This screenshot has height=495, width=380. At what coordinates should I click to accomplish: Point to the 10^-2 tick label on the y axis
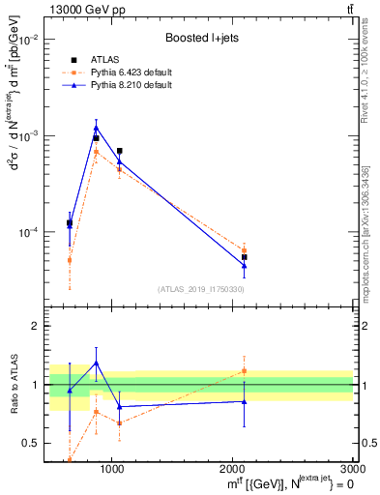click(33, 40)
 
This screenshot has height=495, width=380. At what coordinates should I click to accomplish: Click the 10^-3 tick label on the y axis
click(33, 135)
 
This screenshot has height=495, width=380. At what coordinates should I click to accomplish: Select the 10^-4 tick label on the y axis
click(33, 232)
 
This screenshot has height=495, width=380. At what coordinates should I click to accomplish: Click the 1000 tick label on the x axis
click(111, 469)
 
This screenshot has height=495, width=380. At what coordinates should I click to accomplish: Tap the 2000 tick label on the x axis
click(232, 469)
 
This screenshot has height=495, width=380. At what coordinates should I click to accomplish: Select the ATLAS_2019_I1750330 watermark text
click(200, 289)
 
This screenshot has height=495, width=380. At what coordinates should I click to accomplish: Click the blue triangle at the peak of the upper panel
click(96, 127)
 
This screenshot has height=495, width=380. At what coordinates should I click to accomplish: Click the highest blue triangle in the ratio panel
click(96, 363)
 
